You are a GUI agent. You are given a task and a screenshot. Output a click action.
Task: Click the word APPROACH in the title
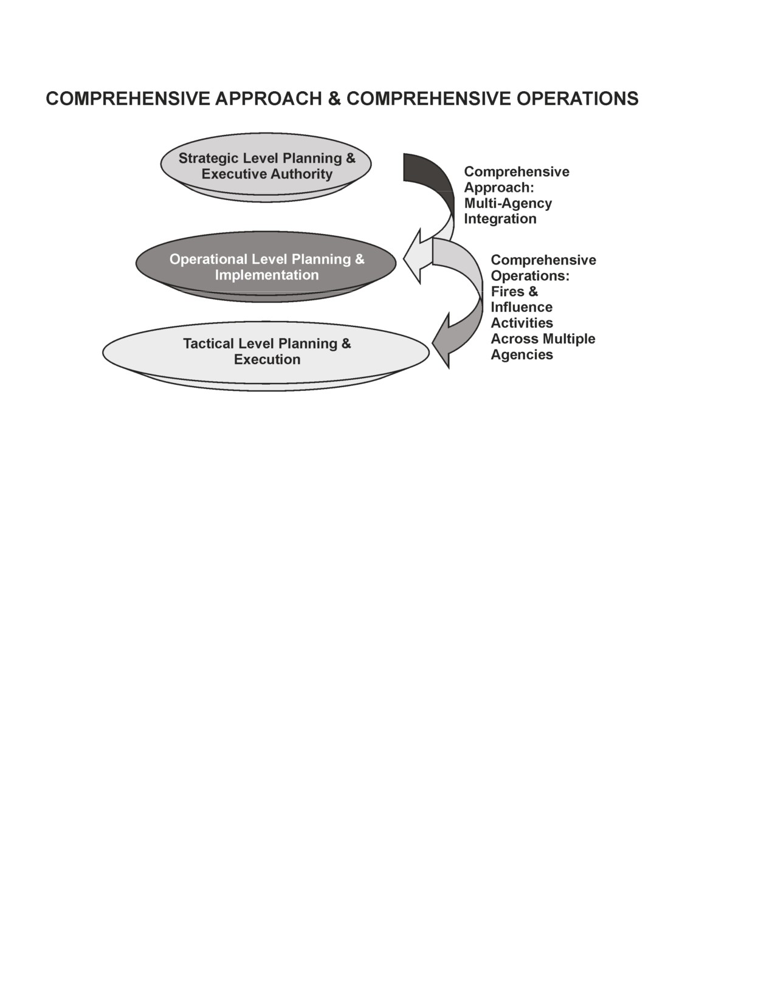(x=268, y=98)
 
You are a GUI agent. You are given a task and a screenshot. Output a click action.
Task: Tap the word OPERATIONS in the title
(x=577, y=98)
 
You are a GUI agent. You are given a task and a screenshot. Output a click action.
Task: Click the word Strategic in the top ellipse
(x=208, y=158)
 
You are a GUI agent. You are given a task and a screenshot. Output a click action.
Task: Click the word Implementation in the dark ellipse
(x=267, y=275)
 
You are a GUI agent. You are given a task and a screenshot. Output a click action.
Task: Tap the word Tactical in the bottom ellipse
(x=208, y=343)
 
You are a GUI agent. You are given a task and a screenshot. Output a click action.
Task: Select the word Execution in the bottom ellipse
(x=267, y=359)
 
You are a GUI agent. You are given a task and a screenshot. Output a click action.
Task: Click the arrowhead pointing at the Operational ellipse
(x=413, y=256)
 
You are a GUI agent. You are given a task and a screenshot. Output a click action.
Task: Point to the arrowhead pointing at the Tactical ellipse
(x=441, y=340)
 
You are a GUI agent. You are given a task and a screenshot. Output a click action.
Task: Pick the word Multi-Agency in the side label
(x=508, y=203)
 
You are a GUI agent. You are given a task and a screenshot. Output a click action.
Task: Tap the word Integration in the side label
(x=500, y=219)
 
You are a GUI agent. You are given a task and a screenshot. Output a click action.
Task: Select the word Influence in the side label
(x=522, y=308)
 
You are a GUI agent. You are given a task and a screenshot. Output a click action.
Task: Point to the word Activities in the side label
(x=522, y=323)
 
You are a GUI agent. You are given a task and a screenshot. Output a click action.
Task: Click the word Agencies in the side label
(x=522, y=354)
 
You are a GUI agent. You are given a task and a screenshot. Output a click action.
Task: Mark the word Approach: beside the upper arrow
(x=499, y=187)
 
